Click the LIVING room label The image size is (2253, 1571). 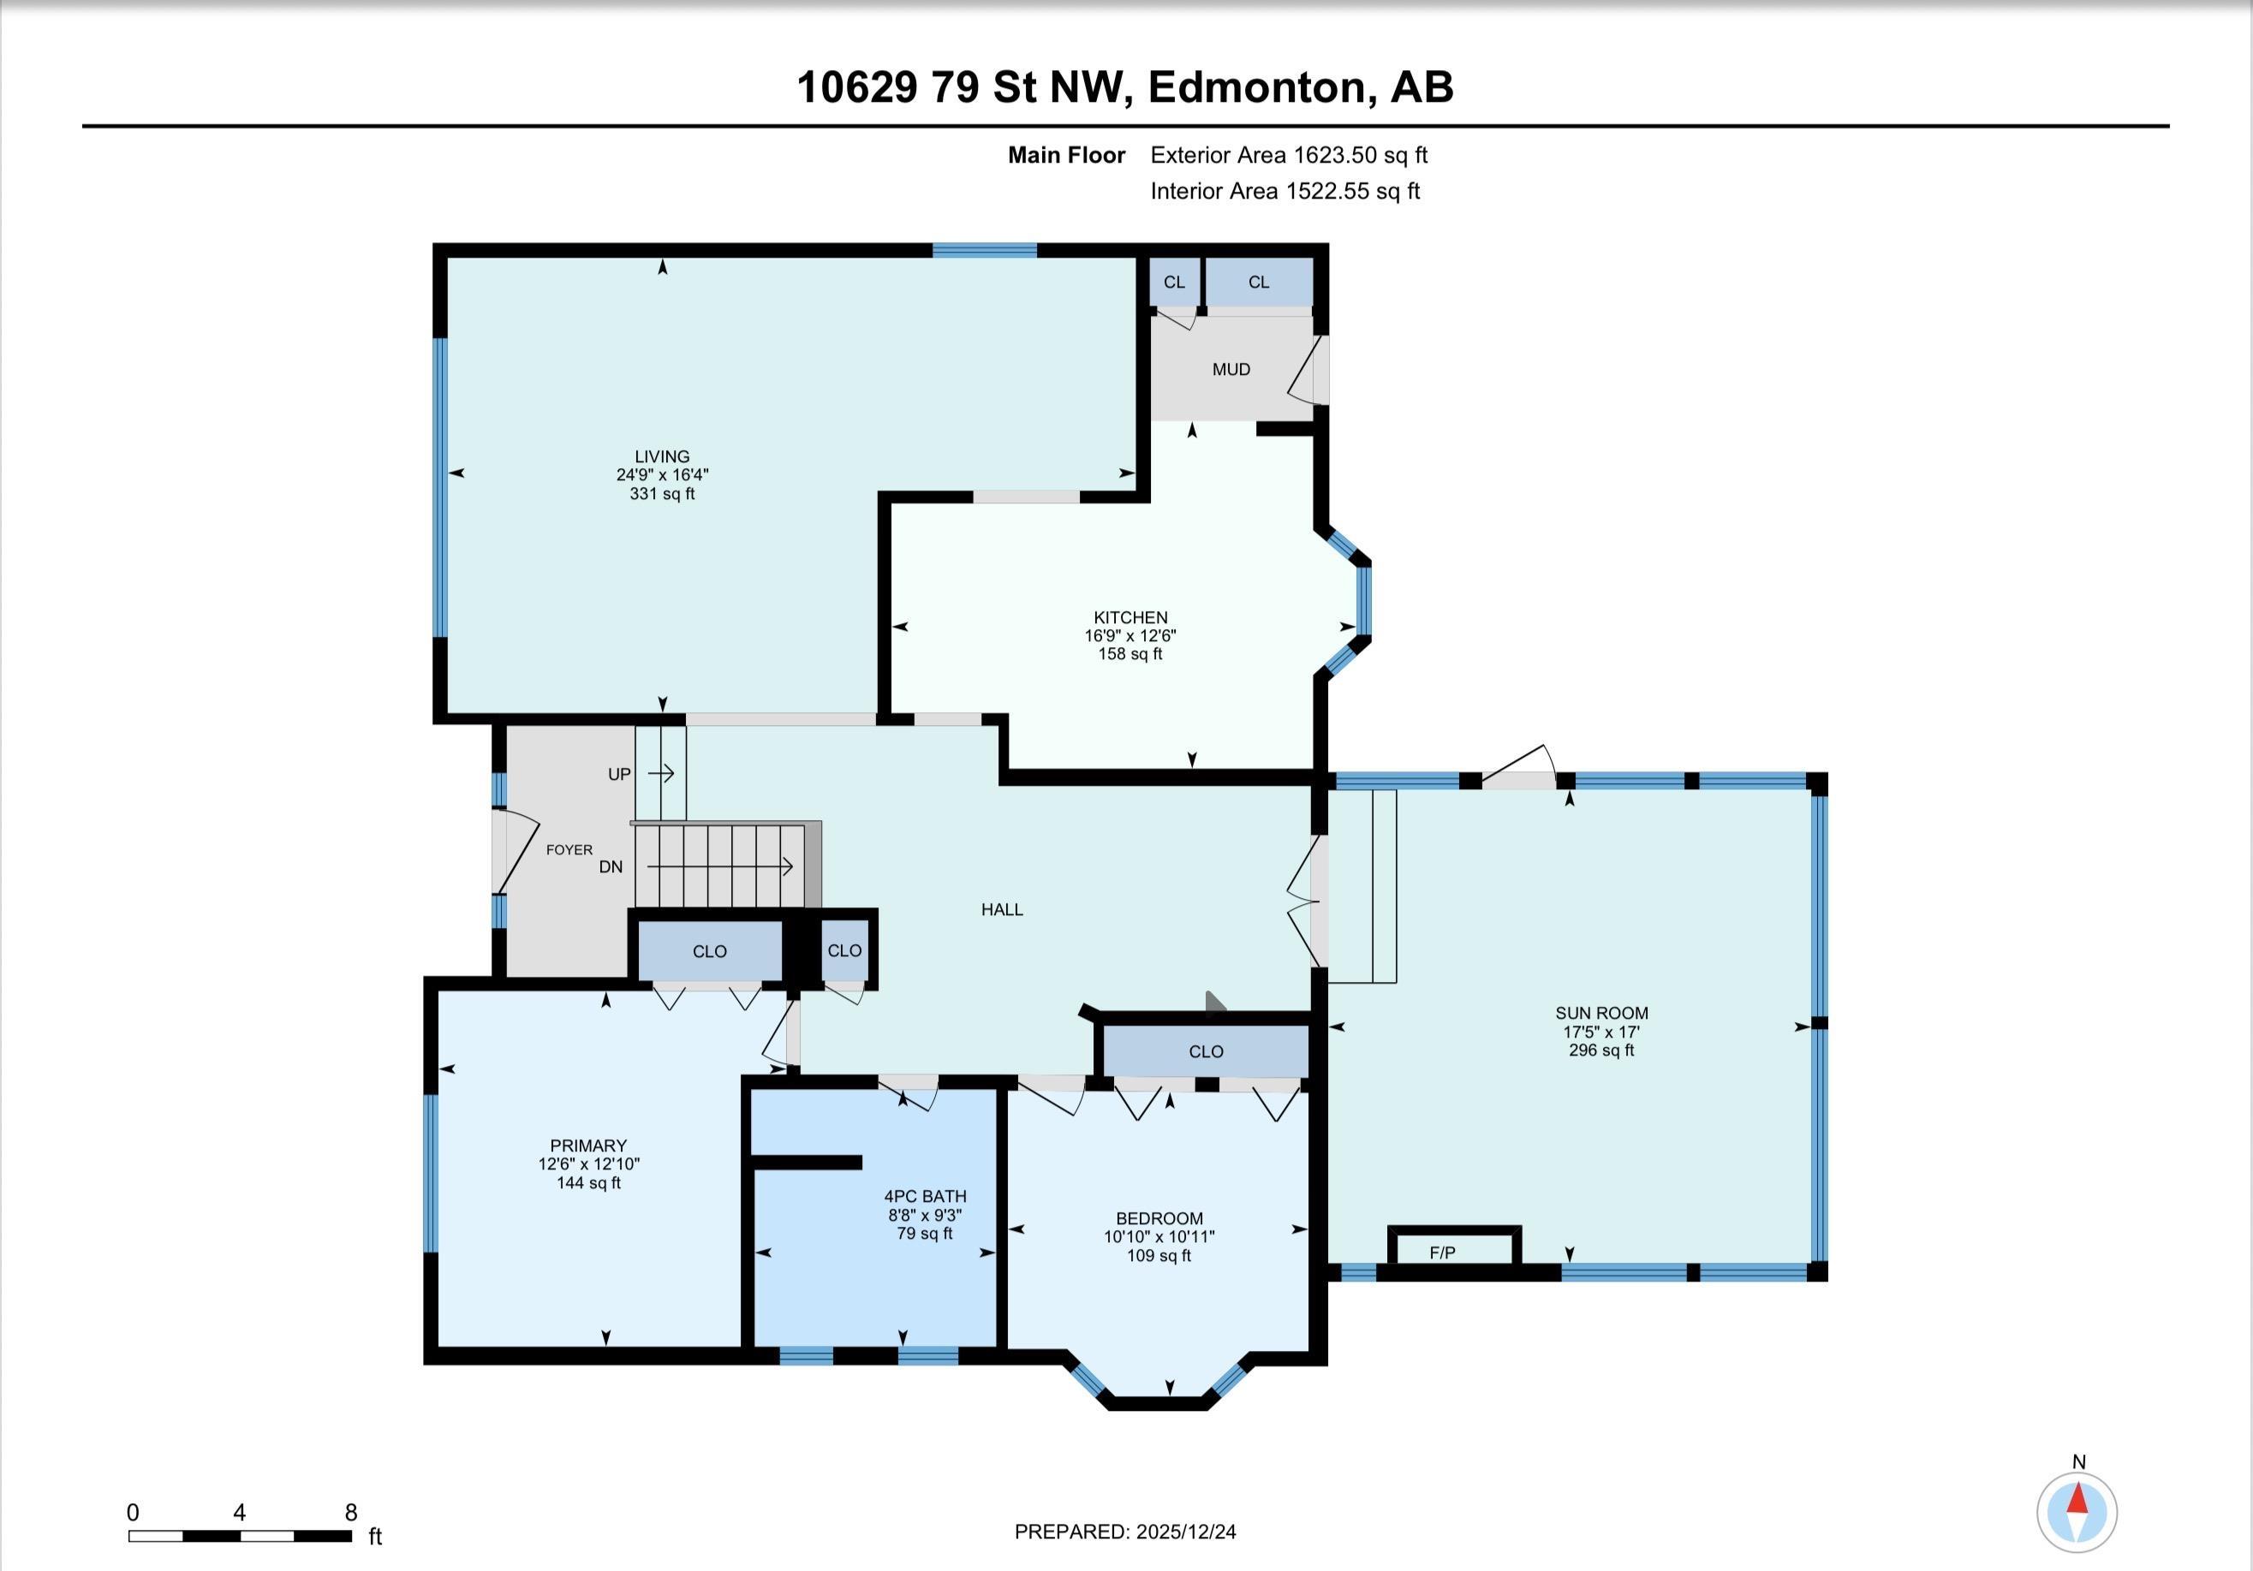tap(661, 456)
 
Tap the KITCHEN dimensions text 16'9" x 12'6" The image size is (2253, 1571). tap(1129, 636)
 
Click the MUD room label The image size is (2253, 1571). tap(1231, 370)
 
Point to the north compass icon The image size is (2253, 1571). tap(2077, 1512)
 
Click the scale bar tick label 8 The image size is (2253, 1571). tap(350, 1512)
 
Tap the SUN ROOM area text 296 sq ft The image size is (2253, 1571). tap(1600, 1050)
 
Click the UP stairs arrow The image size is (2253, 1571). tap(661, 774)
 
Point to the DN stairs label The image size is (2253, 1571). tap(611, 867)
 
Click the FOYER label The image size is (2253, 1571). tap(569, 850)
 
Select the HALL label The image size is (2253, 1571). tap(1002, 909)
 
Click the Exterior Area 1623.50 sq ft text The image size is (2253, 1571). tap(1289, 155)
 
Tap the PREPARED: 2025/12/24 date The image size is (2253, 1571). tap(1124, 1532)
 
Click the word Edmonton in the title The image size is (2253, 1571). tap(1258, 87)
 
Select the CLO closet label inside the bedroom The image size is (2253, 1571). tap(1205, 1052)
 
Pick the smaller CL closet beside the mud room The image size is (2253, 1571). tap(1174, 283)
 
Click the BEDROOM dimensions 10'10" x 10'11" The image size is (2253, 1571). tap(1159, 1237)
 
